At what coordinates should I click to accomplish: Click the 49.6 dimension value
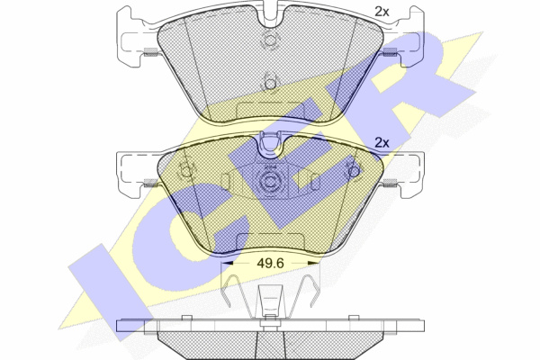[x=270, y=263]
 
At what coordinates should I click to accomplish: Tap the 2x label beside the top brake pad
[x=382, y=12]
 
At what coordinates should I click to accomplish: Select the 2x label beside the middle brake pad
[x=382, y=142]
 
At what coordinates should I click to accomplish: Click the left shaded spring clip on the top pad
[x=150, y=51]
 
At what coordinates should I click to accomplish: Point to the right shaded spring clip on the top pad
[x=390, y=51]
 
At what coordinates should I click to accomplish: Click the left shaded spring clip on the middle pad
[x=150, y=183]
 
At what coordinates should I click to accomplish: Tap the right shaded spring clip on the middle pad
[x=390, y=183]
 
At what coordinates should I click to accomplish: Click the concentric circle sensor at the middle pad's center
[x=270, y=182]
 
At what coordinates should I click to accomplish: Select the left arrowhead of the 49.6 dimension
[x=226, y=263]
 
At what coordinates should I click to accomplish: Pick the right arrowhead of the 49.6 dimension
[x=312, y=263]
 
